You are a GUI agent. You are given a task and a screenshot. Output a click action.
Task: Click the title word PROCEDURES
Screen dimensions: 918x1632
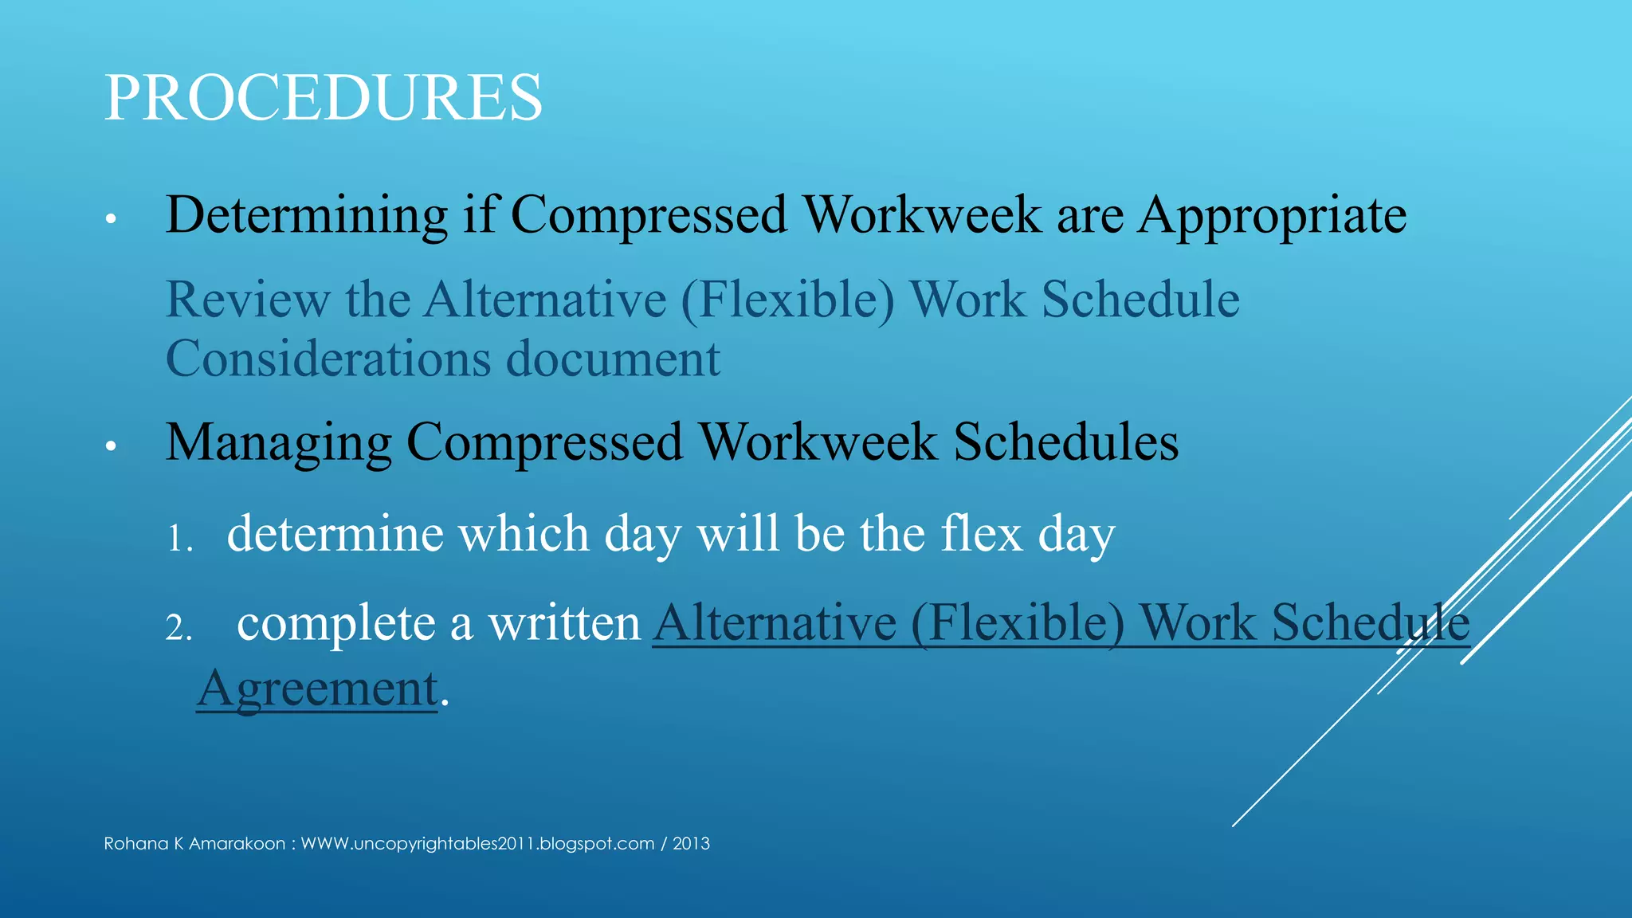click(x=323, y=97)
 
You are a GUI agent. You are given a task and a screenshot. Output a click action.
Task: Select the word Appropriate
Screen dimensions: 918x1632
click(x=1273, y=215)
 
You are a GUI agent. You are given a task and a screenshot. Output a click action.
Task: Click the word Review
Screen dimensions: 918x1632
click(x=247, y=300)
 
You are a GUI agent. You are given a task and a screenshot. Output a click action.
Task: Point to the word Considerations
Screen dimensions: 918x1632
click(x=328, y=359)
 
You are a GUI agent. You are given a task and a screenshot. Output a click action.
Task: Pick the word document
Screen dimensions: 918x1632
click(x=613, y=359)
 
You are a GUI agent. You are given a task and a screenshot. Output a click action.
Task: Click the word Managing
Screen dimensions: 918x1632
click(x=278, y=443)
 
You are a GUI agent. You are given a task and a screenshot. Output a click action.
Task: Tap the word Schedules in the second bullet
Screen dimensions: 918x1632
click(x=1066, y=441)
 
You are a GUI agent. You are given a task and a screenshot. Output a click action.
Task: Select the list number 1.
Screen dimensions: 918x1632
click(x=178, y=539)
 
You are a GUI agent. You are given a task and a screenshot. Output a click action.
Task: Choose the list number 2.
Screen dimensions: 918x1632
click(x=178, y=629)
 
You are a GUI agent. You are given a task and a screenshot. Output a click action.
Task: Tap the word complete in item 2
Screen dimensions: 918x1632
click(x=335, y=623)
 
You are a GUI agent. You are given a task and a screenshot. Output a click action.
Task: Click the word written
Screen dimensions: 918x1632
click(x=564, y=623)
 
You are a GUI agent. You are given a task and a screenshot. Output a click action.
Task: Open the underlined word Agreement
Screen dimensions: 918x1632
click(x=317, y=688)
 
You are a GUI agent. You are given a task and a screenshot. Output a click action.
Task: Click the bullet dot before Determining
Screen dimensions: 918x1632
click(x=111, y=218)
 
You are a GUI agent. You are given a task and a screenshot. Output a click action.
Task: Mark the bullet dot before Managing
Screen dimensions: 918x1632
click(x=111, y=445)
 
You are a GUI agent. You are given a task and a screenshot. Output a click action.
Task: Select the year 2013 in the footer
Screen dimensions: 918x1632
click(x=691, y=844)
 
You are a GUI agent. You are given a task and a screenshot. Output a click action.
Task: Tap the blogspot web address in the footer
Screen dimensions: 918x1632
click(x=477, y=844)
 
